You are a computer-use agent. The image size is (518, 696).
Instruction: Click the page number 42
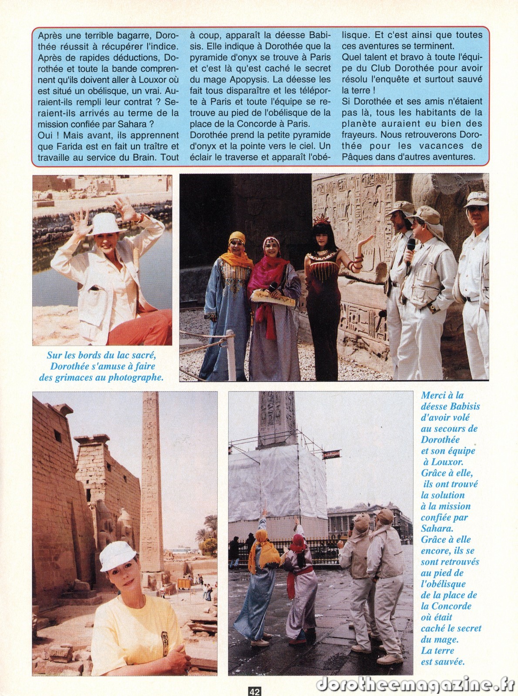[255, 691]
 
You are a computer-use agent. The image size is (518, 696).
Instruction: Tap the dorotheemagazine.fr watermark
[416, 684]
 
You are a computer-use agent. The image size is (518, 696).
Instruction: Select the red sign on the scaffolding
[331, 455]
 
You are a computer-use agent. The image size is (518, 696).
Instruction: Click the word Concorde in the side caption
[441, 606]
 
